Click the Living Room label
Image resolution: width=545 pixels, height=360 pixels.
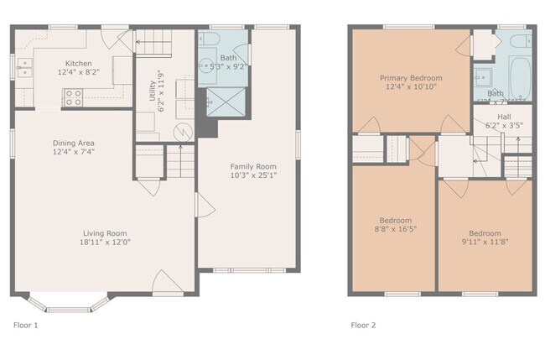[x=105, y=233]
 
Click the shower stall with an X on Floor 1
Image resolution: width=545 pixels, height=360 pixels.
[x=223, y=101]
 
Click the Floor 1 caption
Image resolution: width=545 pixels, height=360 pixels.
[x=25, y=324]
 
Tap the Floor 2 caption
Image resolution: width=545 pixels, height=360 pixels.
[x=363, y=324]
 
